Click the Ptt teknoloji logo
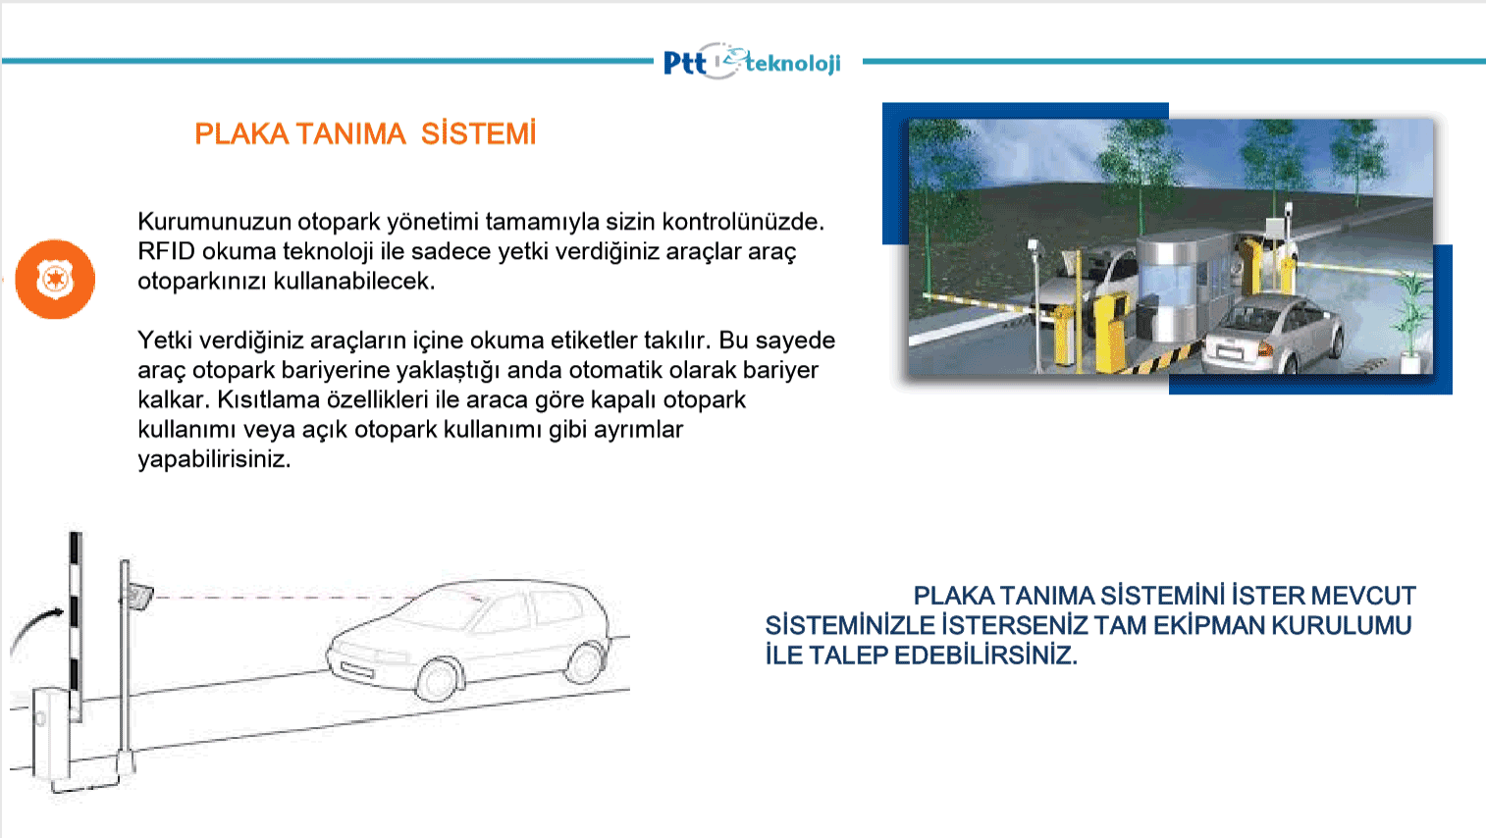click(752, 62)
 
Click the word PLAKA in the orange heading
click(241, 133)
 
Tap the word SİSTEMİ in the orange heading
click(478, 133)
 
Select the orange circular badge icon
click(55, 279)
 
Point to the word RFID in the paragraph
click(166, 251)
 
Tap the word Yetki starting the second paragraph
click(165, 340)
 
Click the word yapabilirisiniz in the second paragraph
click(214, 459)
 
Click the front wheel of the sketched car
click(437, 679)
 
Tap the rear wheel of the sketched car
click(584, 662)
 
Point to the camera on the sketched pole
click(137, 595)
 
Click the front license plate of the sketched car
click(357, 669)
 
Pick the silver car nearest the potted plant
click(1273, 333)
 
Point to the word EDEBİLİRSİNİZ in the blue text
click(985, 655)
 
